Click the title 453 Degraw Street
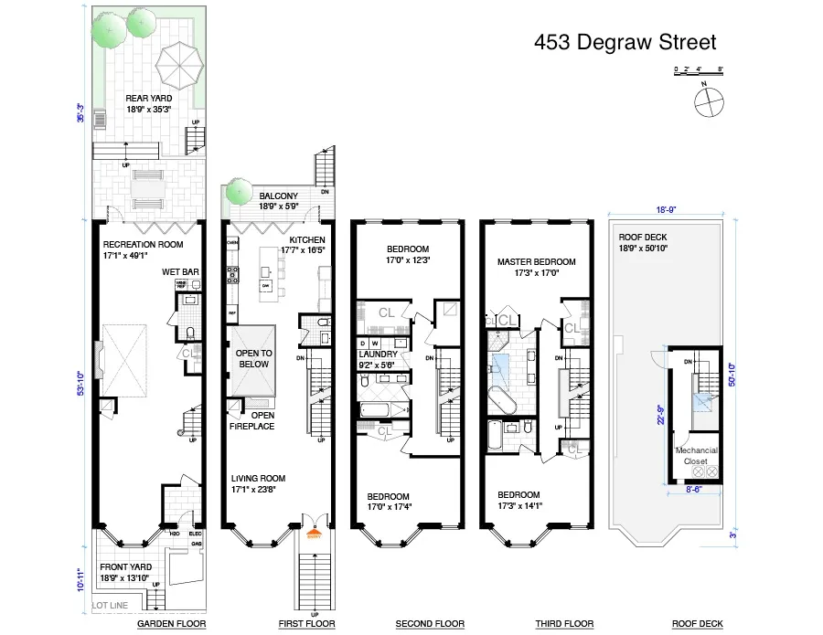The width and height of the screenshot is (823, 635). tap(625, 42)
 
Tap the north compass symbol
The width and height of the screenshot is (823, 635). tap(709, 101)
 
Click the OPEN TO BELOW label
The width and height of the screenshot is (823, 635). tap(253, 358)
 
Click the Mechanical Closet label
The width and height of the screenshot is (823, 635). tap(696, 456)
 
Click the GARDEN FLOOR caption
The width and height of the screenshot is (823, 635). tap(171, 624)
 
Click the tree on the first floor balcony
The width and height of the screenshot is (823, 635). tap(239, 191)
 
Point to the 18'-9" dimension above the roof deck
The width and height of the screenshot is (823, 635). tap(666, 209)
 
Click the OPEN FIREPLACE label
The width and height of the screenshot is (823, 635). tap(256, 421)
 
